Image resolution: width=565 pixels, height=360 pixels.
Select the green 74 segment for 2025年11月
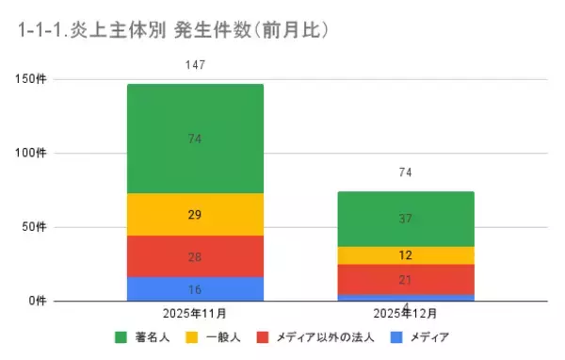(x=195, y=139)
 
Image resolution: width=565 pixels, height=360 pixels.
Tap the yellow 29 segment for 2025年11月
(x=195, y=215)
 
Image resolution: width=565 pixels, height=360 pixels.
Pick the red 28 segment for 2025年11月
(x=195, y=256)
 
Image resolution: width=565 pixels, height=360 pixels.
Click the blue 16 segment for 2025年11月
(x=195, y=288)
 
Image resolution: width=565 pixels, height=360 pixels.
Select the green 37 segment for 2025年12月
(x=405, y=219)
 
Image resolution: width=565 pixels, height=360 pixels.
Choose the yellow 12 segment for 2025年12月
(x=405, y=255)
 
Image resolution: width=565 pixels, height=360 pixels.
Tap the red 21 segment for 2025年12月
(x=405, y=279)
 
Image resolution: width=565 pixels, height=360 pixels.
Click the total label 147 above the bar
(x=195, y=65)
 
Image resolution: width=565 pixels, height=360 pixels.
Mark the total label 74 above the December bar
(x=405, y=172)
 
